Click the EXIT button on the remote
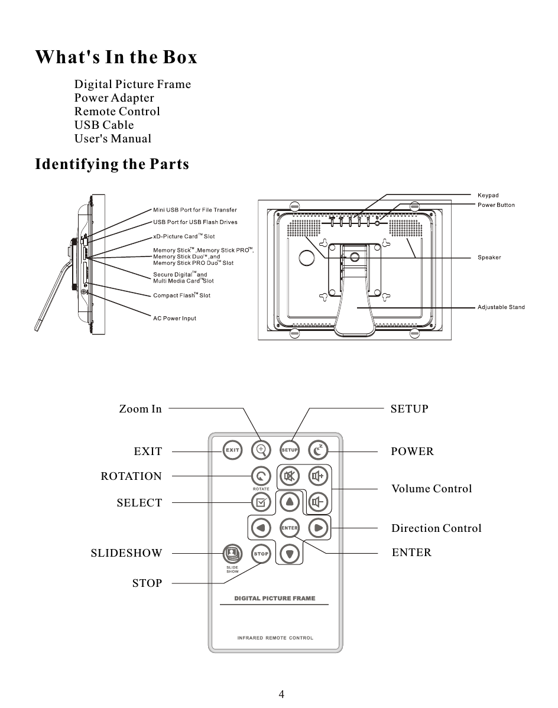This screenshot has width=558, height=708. point(232,450)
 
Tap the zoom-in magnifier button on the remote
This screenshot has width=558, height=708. point(261,450)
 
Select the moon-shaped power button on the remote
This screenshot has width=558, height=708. point(318,450)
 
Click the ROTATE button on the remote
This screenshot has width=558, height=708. point(261,476)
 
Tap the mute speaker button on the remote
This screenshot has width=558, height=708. point(290,476)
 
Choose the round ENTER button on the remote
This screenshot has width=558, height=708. point(289,527)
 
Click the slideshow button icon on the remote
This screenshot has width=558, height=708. point(231,553)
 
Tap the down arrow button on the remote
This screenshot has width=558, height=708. point(289,554)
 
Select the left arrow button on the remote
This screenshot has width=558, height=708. point(260,527)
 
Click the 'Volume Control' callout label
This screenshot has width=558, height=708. point(432,489)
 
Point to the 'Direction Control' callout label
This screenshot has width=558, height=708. point(436,528)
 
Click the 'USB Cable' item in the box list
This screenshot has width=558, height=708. point(104,125)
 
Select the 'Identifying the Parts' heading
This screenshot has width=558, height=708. point(112,164)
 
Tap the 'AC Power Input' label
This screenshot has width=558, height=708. point(174,319)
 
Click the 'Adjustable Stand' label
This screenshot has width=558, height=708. point(501,307)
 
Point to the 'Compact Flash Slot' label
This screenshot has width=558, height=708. point(181,295)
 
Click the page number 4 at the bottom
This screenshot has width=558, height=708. point(281,694)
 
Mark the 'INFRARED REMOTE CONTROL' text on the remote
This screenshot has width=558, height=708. point(275,638)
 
